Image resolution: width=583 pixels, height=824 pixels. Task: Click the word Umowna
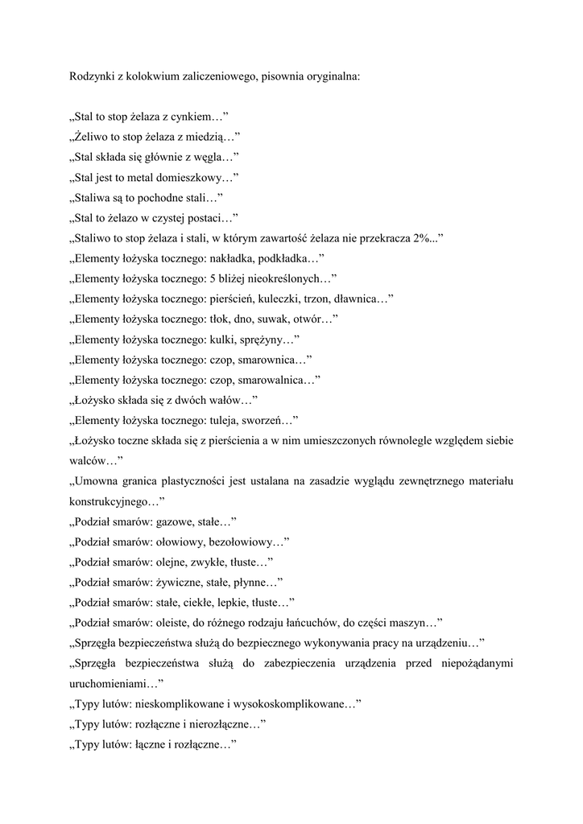click(x=97, y=481)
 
